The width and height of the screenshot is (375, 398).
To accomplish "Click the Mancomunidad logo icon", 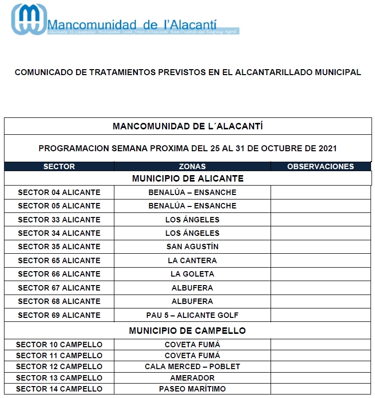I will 29,20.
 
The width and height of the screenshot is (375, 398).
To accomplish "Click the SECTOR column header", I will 59,167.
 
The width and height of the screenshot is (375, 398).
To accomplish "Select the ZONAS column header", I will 192,167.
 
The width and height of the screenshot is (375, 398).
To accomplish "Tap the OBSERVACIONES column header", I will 321,167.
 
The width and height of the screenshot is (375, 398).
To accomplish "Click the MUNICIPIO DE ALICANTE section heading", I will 187,178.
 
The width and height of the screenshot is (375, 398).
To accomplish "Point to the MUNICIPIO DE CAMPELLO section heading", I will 187,331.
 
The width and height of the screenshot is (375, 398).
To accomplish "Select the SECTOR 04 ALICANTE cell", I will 59,193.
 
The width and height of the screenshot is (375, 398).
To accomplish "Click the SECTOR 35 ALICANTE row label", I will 59,247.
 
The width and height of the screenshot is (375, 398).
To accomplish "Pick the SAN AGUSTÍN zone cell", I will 192,247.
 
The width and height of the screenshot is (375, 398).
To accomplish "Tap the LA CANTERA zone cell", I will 192,260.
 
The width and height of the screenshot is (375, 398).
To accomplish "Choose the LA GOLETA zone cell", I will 192,274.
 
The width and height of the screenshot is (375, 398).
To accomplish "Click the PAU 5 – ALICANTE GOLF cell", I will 192,315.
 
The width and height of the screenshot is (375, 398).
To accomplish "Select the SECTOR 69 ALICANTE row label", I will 59,315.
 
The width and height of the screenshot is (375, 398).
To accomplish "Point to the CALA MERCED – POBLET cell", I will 192,367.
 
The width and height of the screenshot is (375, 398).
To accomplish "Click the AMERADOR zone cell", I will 192,378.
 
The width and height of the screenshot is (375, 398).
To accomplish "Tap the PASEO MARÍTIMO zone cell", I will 192,389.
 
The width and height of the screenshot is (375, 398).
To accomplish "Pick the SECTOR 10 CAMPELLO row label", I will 59,344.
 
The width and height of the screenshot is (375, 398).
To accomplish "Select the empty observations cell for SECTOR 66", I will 321,274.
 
